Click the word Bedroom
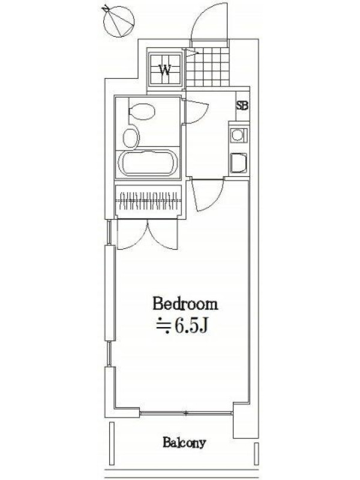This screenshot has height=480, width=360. point(185,304)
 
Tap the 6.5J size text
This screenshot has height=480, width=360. point(191,326)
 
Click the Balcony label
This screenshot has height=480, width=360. point(184,443)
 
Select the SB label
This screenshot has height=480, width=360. point(242,106)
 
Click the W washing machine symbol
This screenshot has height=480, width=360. point(165,70)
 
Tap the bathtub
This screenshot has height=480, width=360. point(148,162)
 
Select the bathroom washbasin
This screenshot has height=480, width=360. point(131,138)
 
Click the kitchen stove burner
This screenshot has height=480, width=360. point(238,134)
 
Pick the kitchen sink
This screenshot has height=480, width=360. point(239,163)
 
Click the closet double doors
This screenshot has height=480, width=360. point(148,234)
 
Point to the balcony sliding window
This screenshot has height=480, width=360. point(186,413)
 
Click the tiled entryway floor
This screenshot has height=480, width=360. point(208,67)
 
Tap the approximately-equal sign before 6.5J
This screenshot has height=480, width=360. point(163,327)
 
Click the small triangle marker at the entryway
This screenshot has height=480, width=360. point(191,53)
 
